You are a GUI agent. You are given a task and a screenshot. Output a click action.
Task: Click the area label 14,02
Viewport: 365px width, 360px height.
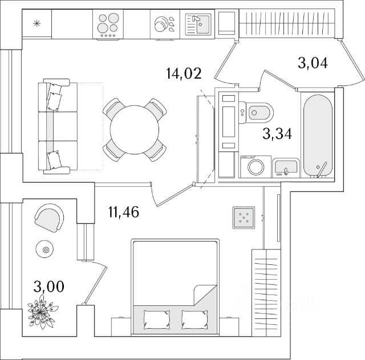184,73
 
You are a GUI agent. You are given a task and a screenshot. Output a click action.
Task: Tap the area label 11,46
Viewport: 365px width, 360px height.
124,212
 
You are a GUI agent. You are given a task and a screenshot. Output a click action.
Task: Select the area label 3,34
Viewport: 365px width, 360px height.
277,134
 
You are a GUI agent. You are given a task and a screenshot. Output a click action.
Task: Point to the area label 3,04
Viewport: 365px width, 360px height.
313,63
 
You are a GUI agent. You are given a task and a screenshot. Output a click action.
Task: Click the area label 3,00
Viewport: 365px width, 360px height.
48,287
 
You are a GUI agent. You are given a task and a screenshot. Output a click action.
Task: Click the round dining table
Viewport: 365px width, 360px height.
135,130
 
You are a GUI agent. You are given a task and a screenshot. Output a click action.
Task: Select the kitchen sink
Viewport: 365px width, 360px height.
198,24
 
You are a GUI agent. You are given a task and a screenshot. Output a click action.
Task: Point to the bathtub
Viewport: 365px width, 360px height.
318,136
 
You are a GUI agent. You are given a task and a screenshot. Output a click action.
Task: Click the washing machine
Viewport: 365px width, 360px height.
255,167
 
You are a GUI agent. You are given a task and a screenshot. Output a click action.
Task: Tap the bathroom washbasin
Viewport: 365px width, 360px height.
286,167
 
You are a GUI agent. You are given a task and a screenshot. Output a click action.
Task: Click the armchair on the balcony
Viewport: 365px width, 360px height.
50,218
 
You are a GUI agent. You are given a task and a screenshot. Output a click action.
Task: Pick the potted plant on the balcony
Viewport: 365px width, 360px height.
43,312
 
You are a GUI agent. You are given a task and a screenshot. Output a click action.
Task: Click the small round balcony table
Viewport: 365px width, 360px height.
44,249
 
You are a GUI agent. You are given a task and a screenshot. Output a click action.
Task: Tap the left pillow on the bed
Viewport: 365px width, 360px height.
157,320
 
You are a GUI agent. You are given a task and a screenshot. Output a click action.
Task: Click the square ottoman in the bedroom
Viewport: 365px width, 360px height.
244,218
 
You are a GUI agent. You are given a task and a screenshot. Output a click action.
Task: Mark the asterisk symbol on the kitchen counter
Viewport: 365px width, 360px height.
36,23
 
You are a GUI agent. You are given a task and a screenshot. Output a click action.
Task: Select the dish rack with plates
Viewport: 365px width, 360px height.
165,24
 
